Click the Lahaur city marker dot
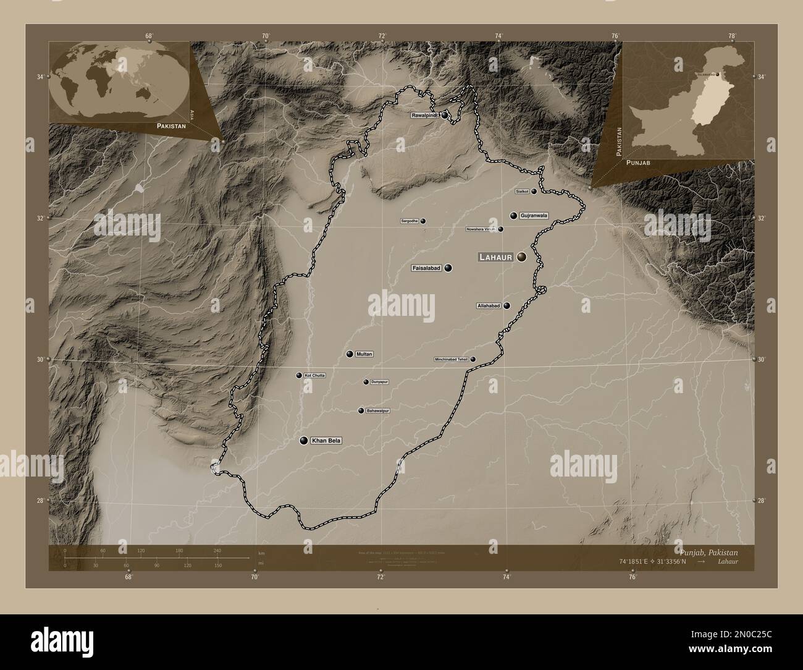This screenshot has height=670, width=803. [x=523, y=257]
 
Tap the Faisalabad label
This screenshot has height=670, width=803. [x=427, y=268]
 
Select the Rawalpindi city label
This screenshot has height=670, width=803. [x=425, y=115]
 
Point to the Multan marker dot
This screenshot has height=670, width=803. [x=350, y=354]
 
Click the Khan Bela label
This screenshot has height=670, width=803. [x=326, y=441]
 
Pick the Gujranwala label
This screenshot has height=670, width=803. [x=534, y=216]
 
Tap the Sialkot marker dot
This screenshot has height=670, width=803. [x=534, y=192]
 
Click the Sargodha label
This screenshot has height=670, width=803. [x=410, y=221]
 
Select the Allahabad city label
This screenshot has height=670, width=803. [x=488, y=306]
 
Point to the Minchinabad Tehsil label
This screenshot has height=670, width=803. [x=452, y=359]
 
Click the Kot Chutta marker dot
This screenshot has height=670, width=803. [x=299, y=375]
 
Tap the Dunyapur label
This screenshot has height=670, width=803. [x=379, y=382]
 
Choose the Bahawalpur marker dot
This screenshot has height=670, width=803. [x=361, y=410]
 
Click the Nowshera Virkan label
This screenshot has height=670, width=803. [x=481, y=229]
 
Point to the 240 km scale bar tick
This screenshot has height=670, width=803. [x=216, y=550]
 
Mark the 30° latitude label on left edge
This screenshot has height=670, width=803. [x=40, y=359]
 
